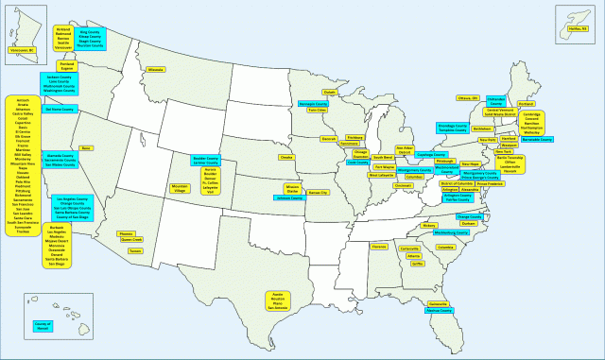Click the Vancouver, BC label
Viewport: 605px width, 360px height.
(21, 49)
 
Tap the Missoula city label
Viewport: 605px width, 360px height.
(156, 69)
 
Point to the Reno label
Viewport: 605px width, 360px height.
(86, 148)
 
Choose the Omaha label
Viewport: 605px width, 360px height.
(287, 157)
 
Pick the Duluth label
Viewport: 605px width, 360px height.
(330, 92)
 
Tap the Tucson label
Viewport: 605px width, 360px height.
(136, 251)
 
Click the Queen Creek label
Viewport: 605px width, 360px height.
(131, 240)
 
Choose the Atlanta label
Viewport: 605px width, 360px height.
(413, 255)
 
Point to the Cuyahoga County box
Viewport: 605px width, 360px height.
(431, 154)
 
